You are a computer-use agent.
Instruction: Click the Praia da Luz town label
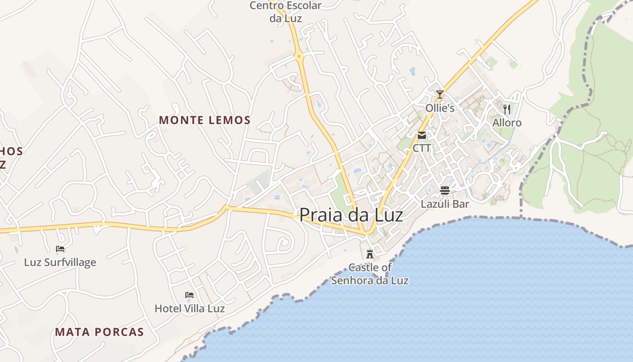click(351, 214)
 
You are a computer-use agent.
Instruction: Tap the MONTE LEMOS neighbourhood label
click(205, 120)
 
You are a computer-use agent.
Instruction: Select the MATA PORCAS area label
click(99, 332)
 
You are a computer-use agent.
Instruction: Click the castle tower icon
click(370, 254)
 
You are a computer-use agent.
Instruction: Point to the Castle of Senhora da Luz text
click(370, 274)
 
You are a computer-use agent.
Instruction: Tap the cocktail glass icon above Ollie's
click(439, 95)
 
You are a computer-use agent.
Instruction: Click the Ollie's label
click(440, 108)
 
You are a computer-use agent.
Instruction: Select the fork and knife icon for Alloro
click(507, 109)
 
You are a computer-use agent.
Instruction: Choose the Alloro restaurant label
click(507, 123)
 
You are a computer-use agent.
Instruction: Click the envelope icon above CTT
click(422, 135)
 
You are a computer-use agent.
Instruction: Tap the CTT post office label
click(422, 148)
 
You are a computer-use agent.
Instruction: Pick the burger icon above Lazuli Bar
click(445, 191)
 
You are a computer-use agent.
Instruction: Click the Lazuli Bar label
click(445, 204)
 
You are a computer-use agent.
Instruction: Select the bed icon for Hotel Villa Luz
click(189, 295)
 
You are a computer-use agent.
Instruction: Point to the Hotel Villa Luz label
click(189, 309)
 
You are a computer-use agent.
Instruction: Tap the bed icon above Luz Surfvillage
click(60, 248)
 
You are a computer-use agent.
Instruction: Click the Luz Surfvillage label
click(60, 262)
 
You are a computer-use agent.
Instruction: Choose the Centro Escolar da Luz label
click(286, 12)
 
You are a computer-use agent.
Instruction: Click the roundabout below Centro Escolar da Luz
click(299, 57)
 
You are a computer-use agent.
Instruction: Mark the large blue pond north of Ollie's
click(412, 71)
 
